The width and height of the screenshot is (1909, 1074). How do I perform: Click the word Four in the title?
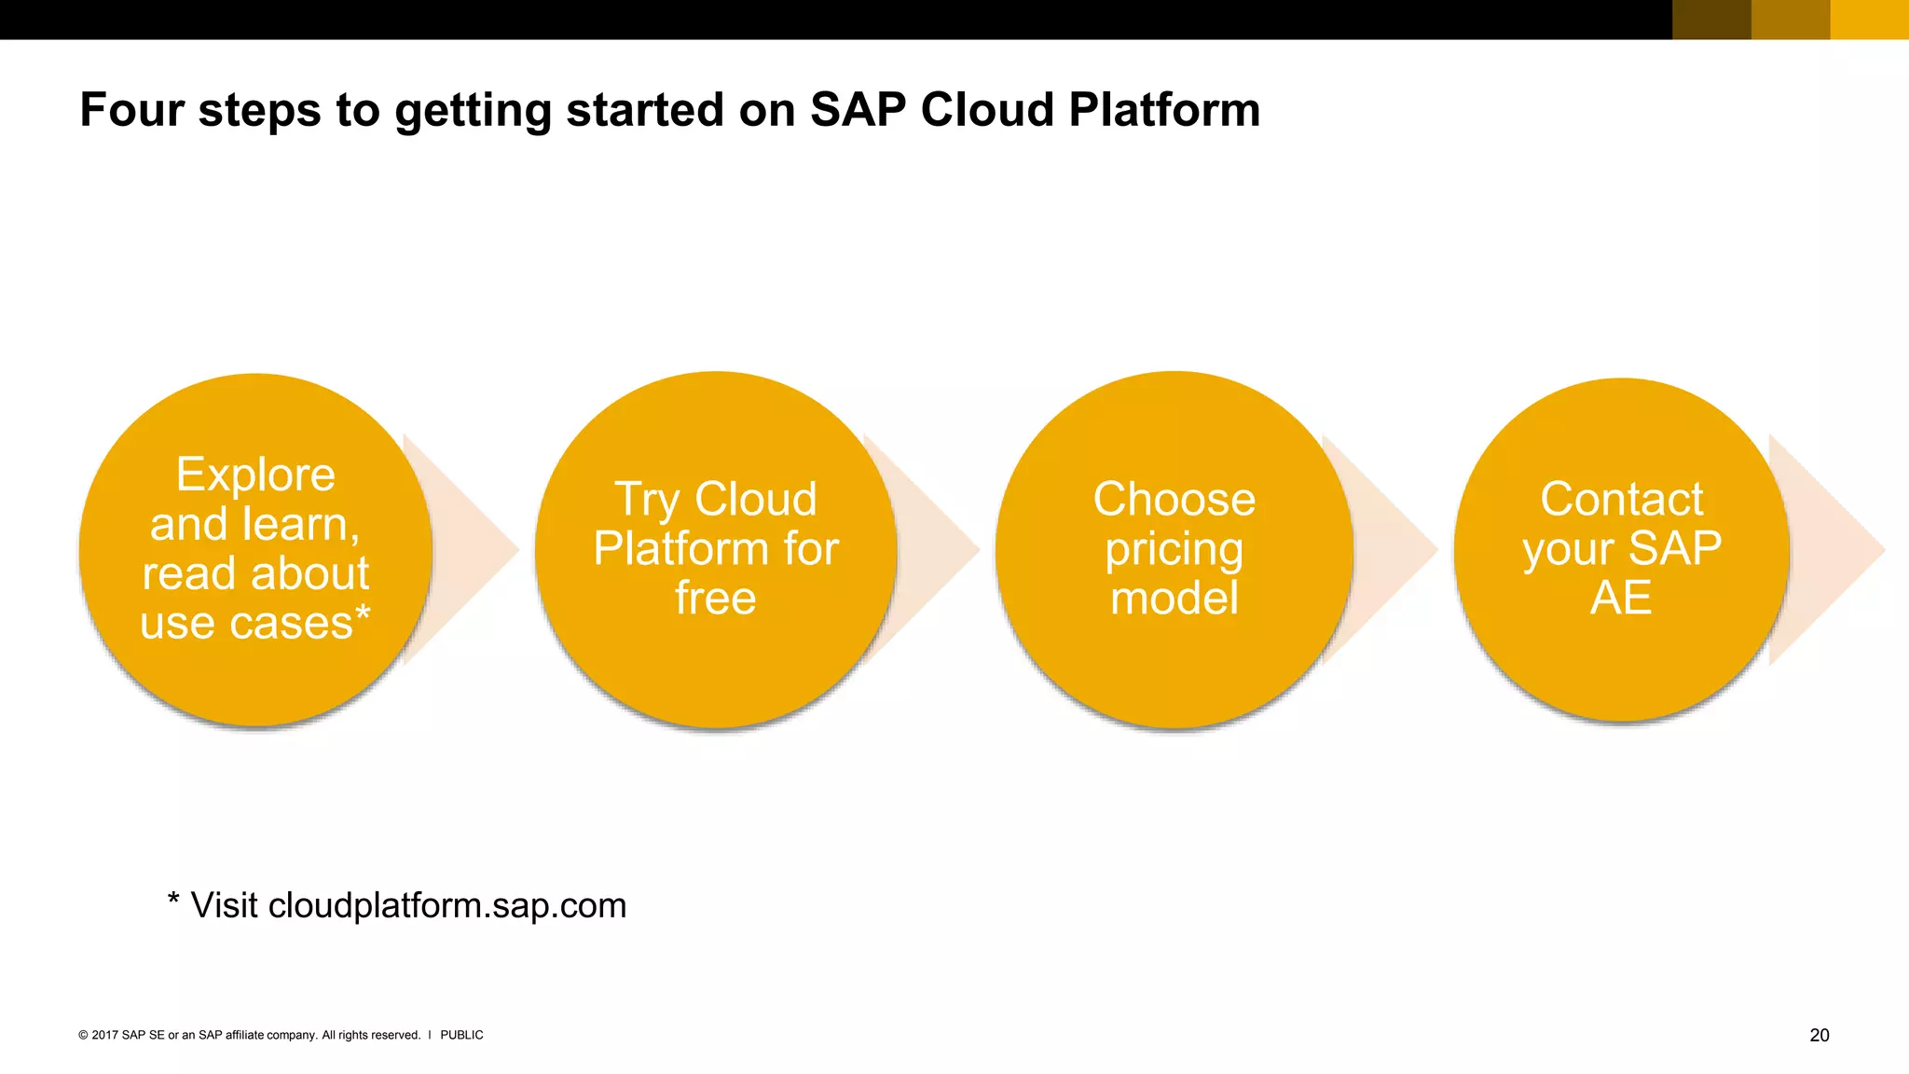click(131, 110)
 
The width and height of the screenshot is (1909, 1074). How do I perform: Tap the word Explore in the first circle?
click(255, 475)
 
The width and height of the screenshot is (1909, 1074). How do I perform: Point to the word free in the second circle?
click(715, 598)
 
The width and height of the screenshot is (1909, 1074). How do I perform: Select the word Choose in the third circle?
click(1174, 499)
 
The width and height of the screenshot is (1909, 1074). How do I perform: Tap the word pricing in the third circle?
click(1174, 550)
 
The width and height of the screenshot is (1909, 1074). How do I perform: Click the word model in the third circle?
click(1174, 598)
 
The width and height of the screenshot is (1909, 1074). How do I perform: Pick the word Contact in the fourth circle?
click(1621, 499)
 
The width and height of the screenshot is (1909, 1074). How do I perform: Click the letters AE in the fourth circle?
click(1621, 598)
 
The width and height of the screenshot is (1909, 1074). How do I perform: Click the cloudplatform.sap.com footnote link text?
click(447, 906)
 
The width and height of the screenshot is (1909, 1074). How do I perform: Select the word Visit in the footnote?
click(224, 905)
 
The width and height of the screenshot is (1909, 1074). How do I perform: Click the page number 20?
click(1819, 1035)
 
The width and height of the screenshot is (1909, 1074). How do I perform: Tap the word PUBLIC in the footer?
click(461, 1035)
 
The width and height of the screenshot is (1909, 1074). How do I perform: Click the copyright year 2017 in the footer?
click(104, 1035)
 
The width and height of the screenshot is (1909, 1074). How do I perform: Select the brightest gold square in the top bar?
click(1869, 20)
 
